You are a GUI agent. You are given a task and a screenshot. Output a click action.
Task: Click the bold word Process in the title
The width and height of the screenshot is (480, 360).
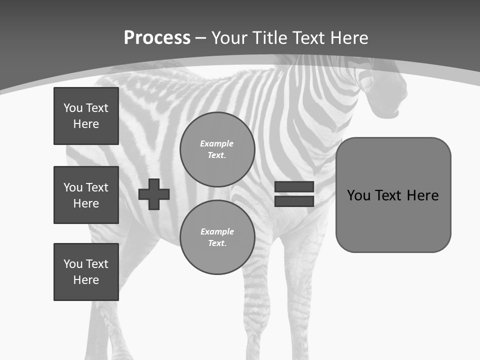pos(157,38)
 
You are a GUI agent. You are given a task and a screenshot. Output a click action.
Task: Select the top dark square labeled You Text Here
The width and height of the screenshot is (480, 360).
pos(86,116)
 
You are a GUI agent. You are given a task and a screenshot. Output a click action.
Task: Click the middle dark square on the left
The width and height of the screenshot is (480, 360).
pos(86,195)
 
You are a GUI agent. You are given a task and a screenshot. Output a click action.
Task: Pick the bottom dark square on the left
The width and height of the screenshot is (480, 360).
pos(86,272)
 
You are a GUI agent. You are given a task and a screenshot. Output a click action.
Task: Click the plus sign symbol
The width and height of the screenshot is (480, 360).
pos(154,194)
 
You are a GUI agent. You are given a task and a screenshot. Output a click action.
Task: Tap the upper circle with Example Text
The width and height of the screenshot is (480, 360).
pos(217,149)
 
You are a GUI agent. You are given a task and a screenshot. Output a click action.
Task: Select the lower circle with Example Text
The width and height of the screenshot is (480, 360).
pos(217,237)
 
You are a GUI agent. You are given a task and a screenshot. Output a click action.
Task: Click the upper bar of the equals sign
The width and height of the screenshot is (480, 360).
pos(294,186)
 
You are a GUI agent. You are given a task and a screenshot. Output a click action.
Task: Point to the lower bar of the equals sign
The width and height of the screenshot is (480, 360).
pos(294,201)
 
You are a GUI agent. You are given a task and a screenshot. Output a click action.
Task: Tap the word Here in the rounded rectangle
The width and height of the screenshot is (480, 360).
pos(422,195)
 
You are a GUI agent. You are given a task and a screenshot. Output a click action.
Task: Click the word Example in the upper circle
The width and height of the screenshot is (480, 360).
pos(216,143)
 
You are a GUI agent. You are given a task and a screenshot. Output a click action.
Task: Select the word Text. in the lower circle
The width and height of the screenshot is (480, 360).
pos(217,243)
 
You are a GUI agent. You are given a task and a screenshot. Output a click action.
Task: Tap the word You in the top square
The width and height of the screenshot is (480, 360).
pos(73,108)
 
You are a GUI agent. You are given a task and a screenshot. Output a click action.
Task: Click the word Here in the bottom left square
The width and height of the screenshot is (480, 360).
pos(86,280)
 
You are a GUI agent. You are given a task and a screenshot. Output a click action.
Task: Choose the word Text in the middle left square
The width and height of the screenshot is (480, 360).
pos(97,187)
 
